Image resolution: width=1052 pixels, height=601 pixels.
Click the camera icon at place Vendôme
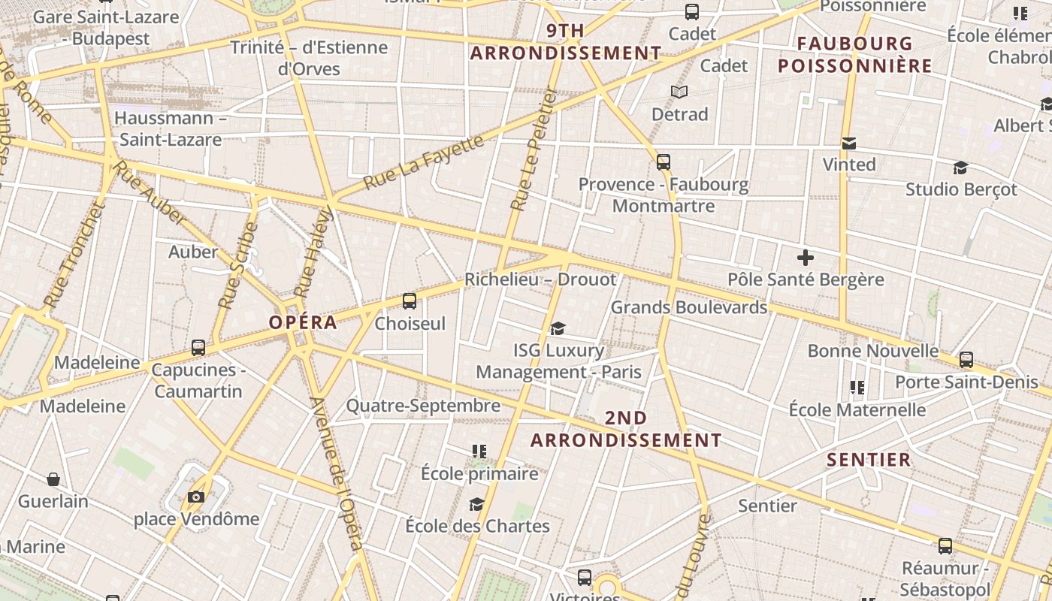[x=196, y=497]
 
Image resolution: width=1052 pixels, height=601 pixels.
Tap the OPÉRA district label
[x=303, y=322]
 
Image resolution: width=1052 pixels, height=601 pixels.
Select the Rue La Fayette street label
[x=423, y=162]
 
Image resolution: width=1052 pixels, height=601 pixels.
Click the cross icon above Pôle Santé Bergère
[x=806, y=258]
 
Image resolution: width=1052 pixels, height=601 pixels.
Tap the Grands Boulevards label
[x=689, y=307]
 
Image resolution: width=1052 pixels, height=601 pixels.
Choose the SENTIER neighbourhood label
[x=869, y=459]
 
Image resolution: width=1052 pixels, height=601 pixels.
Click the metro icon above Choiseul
[x=410, y=301]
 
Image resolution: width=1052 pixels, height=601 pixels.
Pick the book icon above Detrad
[x=679, y=92]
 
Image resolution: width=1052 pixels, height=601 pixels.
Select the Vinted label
[x=849, y=165]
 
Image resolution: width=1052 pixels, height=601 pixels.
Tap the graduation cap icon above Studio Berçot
[x=960, y=168]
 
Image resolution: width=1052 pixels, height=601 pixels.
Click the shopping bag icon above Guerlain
[x=53, y=479]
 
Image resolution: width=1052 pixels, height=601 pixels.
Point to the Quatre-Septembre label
[x=423, y=406]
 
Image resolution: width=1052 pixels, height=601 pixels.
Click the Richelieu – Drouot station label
[x=540, y=279]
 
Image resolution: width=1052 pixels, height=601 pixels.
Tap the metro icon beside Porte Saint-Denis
[x=966, y=360]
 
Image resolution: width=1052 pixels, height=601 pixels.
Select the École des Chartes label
[x=477, y=526]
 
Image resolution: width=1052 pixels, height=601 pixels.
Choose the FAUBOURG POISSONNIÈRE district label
[x=854, y=55]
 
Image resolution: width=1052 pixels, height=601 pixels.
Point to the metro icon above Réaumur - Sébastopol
[x=945, y=546]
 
